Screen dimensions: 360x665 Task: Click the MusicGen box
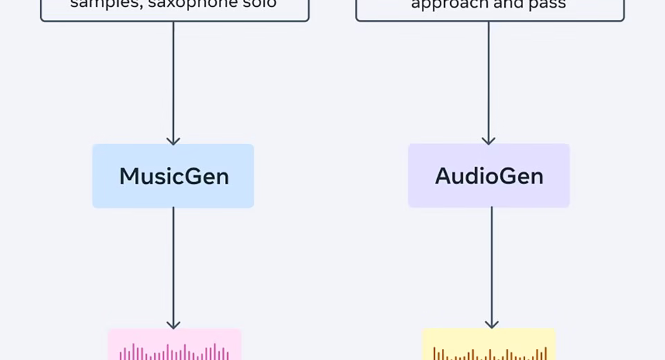(173, 176)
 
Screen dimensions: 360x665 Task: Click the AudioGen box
(488, 176)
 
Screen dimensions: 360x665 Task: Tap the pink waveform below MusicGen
(174, 348)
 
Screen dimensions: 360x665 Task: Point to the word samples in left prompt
(98, 3)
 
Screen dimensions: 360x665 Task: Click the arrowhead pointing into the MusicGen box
(173, 141)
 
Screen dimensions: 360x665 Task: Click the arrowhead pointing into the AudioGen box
(488, 141)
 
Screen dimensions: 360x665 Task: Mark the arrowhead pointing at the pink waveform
(173, 325)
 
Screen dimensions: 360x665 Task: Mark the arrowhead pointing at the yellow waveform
(491, 324)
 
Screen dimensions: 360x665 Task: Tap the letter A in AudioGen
(443, 176)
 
